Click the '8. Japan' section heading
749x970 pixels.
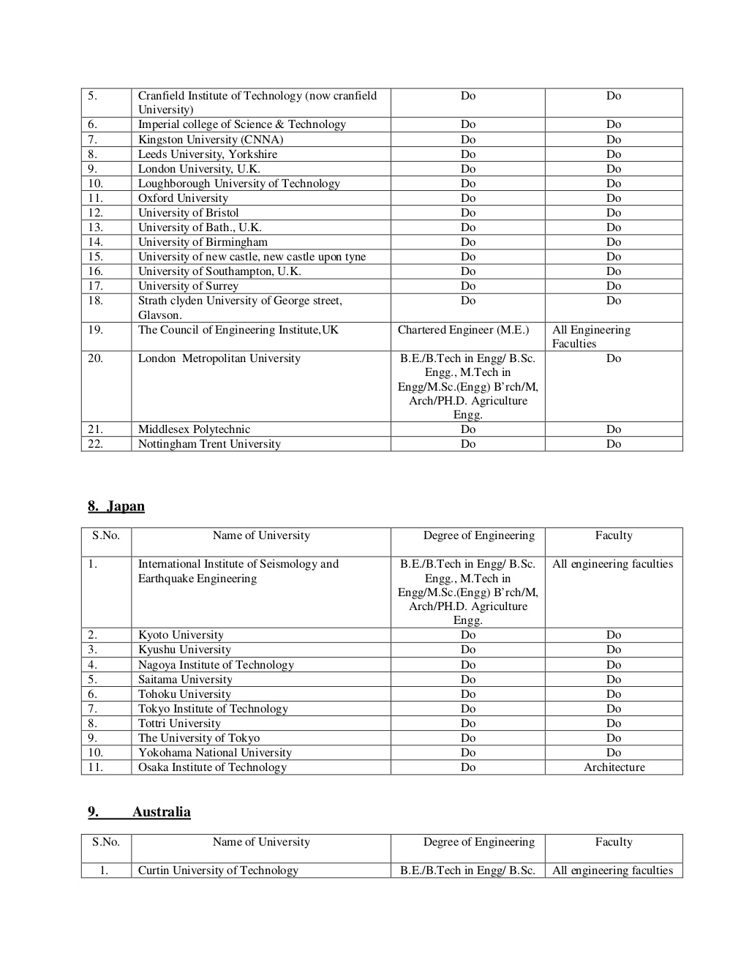[116, 506]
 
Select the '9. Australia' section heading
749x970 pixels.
[139, 812]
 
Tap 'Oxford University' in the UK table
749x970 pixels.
[183, 198]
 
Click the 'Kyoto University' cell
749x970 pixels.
[181, 635]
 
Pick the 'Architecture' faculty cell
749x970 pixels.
[614, 767]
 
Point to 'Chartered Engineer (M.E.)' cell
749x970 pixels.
[463, 330]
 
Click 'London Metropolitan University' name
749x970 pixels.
[219, 358]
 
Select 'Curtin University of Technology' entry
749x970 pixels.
[218, 871]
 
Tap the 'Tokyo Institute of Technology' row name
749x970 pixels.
[213, 709]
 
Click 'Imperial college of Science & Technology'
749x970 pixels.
[242, 124]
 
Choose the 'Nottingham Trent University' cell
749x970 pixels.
[209, 444]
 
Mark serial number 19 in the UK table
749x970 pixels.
[96, 330]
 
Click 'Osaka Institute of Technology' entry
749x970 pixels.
[212, 767]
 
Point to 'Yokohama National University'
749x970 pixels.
[215, 753]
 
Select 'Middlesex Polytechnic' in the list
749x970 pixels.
[194, 429]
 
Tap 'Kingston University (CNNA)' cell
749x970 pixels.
[211, 140]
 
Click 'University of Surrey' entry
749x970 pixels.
[188, 286]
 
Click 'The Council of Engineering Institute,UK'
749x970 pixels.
[238, 330]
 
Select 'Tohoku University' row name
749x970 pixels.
[184, 694]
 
